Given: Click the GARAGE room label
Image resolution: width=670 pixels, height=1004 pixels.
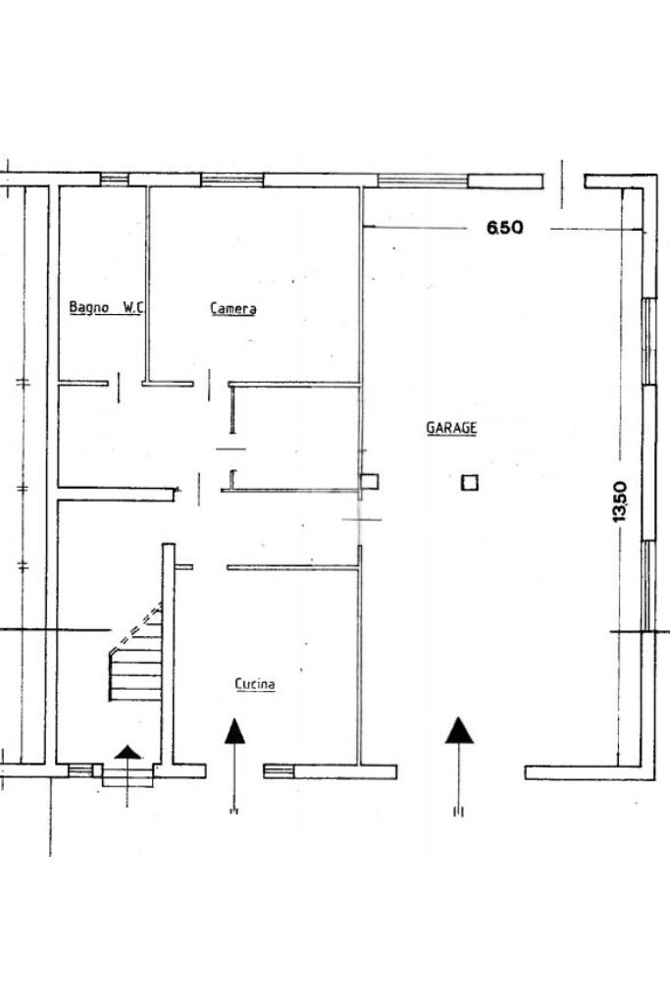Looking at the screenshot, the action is click(x=452, y=428).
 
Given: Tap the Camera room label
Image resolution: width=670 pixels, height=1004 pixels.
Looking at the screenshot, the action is click(x=233, y=308).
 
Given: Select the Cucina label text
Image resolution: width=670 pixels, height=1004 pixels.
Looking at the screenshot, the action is click(x=255, y=684).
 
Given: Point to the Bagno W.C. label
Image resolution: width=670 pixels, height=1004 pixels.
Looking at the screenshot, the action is click(x=106, y=307).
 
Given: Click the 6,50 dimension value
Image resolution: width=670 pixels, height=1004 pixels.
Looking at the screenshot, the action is click(x=505, y=228).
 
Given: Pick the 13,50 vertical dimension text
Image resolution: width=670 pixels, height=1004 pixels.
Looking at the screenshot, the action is click(x=619, y=502).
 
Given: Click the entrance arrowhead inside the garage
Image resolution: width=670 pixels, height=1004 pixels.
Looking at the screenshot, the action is click(x=459, y=730).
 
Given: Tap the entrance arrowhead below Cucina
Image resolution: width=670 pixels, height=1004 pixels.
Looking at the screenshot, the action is click(x=234, y=731).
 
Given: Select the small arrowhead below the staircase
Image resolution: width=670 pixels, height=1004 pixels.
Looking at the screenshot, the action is click(x=128, y=752).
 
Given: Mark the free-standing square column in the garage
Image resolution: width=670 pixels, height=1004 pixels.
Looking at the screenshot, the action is click(x=470, y=482).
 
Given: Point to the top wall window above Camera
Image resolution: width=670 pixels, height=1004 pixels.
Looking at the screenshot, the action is click(x=232, y=180).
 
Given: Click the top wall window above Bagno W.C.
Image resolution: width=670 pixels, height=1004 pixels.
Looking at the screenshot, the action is click(x=115, y=180).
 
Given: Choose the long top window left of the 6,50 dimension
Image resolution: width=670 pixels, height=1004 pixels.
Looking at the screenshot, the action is click(x=423, y=181).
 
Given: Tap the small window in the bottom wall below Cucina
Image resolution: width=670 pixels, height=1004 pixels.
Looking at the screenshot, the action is click(x=280, y=770).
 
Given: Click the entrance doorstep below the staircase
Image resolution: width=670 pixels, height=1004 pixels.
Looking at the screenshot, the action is click(x=128, y=775).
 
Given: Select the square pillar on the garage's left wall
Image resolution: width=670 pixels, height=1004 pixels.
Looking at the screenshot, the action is click(x=369, y=482).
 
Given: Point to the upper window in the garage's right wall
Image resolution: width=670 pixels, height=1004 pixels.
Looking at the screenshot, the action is click(x=648, y=342).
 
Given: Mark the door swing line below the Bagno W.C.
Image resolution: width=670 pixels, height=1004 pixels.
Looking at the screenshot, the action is click(x=119, y=388).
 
